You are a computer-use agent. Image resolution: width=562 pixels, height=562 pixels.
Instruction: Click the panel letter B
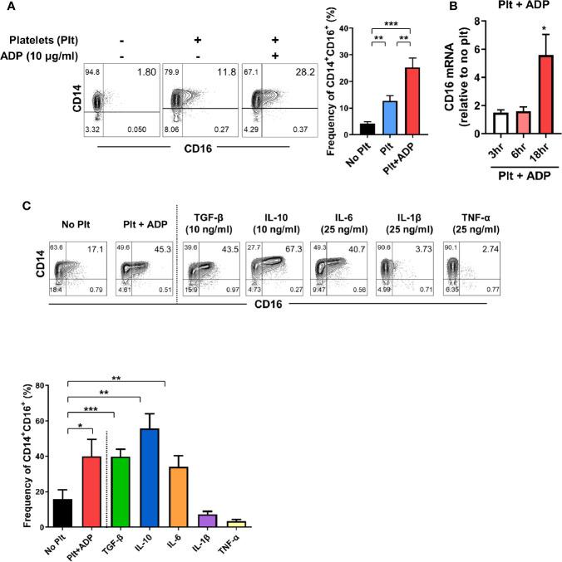click(454, 7)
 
